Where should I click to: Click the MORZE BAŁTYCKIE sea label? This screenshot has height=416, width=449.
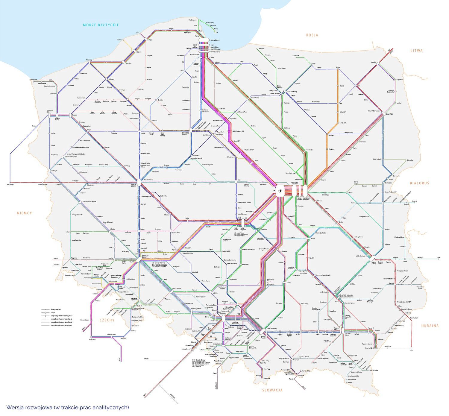click(x=101, y=25)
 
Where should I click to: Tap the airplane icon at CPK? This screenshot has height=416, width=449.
click(x=280, y=190)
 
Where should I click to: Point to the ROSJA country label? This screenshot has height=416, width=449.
click(x=312, y=35)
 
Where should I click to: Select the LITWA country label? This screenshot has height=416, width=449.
click(x=416, y=51)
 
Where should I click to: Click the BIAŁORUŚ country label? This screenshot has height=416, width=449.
click(x=419, y=183)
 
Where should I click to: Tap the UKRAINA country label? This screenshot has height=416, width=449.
click(x=430, y=326)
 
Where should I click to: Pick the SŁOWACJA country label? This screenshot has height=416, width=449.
click(x=272, y=390)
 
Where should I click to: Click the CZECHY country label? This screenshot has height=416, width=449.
click(x=107, y=320)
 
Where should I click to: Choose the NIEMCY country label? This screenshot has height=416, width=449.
click(x=24, y=213)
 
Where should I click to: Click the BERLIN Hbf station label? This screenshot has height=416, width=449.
click(x=10, y=185)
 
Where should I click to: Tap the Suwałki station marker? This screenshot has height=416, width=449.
click(x=378, y=64)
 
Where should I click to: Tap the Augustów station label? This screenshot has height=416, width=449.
click(x=399, y=80)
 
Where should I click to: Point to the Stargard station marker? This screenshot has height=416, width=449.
click(x=70, y=115)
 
